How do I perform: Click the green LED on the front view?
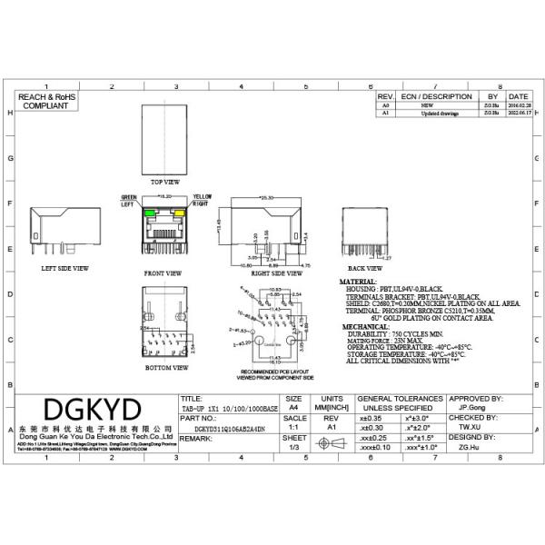click(x=148, y=213)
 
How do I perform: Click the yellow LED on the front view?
click(x=180, y=213)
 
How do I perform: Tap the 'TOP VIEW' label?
click(x=164, y=182)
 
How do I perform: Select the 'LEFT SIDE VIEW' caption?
click(x=64, y=269)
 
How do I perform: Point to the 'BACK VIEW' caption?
click(x=364, y=269)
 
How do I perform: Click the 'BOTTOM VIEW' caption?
click(x=166, y=368)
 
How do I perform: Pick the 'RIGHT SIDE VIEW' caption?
click(x=275, y=272)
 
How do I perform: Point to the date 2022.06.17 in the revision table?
click(x=518, y=114)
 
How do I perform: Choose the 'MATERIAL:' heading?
click(x=358, y=282)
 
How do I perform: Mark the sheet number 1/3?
click(x=293, y=446)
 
